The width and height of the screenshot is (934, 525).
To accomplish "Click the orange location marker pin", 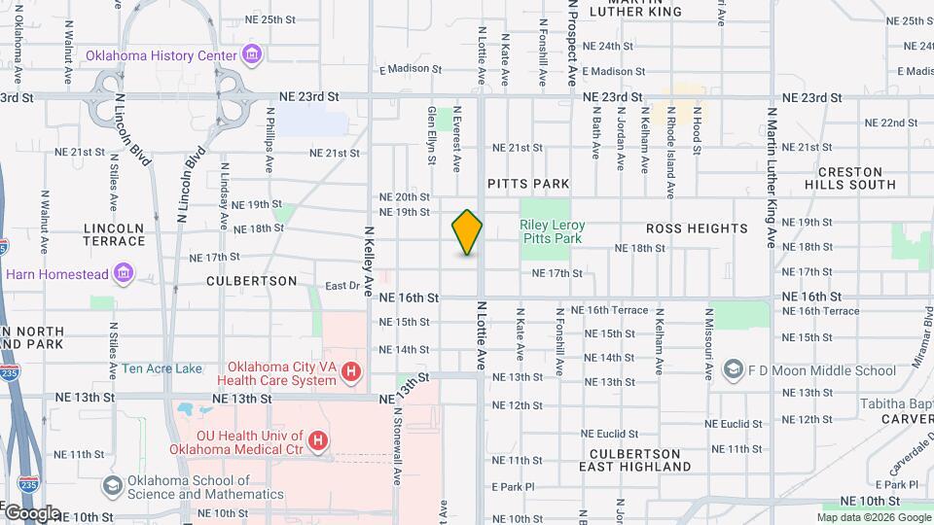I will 467,232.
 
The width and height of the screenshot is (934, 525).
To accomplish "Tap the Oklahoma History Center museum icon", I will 253,54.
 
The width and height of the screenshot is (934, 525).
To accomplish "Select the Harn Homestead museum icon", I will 124,273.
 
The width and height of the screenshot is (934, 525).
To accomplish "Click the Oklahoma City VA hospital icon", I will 351,371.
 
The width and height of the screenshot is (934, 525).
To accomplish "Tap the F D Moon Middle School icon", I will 733,370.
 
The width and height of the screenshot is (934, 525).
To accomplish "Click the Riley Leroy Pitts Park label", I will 552,230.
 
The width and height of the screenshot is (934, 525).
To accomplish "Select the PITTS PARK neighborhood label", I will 528,183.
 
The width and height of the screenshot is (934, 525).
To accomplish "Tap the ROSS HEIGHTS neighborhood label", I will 697,228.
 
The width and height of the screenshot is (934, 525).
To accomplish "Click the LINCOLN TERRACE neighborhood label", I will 115,234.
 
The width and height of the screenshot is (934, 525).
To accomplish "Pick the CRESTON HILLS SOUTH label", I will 850,178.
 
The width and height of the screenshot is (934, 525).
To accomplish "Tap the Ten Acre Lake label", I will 162,369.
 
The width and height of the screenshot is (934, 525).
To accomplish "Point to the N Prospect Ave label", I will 572,44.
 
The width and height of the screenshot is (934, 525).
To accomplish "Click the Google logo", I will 31,513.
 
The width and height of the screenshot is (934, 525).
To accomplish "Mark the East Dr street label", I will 341,286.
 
